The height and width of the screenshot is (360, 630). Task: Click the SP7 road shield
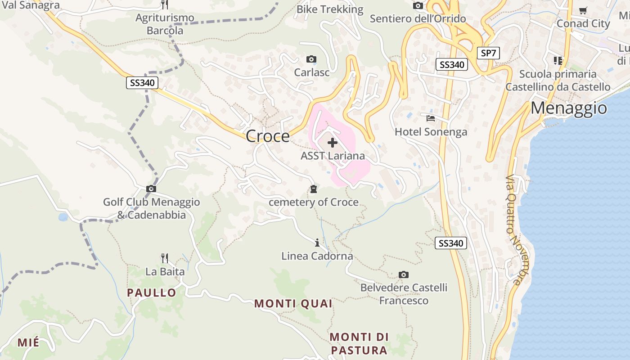[488, 53]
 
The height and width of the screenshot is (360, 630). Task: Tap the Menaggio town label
[569, 108]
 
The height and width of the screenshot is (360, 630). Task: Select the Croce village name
[268, 136]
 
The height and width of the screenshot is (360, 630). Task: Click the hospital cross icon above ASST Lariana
[333, 143]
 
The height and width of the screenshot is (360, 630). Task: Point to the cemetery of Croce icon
[313, 189]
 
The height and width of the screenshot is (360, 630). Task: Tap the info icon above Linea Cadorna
[317, 243]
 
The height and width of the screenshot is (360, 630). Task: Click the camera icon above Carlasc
[311, 59]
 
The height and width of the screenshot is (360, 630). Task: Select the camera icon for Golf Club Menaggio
[151, 189]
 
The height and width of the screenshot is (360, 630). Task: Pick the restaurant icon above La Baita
[165, 258]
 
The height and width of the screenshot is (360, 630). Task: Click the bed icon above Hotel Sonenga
[431, 118]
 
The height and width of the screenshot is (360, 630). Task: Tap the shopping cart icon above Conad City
[583, 10]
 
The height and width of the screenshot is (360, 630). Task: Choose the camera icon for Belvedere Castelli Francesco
[404, 274]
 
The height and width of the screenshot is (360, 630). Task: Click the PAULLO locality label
[151, 292]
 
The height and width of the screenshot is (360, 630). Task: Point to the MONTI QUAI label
[293, 303]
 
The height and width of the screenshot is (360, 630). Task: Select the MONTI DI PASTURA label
[359, 343]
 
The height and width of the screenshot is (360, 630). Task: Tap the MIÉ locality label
[28, 342]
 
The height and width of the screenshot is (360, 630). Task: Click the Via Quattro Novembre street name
[513, 229]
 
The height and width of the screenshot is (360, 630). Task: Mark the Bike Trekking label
[330, 9]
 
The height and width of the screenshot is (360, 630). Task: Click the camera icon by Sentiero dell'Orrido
[418, 5]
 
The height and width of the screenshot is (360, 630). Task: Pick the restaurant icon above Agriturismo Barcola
[165, 4]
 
